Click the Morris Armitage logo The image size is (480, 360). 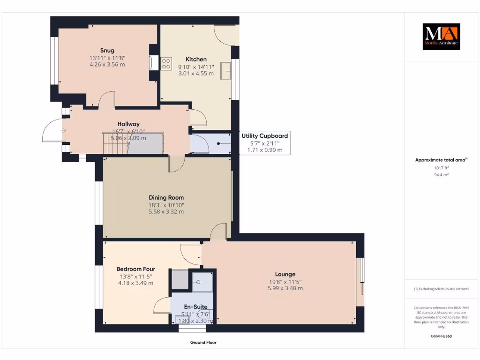(x=441, y=37)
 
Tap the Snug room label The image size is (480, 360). (x=107, y=51)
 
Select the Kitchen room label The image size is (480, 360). (x=196, y=60)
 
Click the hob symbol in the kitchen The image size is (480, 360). (x=166, y=64)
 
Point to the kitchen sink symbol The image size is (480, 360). (x=226, y=70)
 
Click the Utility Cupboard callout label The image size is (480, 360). (x=265, y=135)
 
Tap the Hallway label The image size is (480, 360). (x=128, y=124)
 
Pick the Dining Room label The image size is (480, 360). (x=166, y=198)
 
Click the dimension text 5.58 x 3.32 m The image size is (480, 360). (x=166, y=211)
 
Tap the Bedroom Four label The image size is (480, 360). (x=135, y=269)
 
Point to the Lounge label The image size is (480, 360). (x=285, y=274)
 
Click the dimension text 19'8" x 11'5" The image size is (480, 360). (x=285, y=282)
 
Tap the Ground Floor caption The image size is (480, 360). (x=203, y=343)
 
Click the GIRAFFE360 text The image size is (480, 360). (x=441, y=336)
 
